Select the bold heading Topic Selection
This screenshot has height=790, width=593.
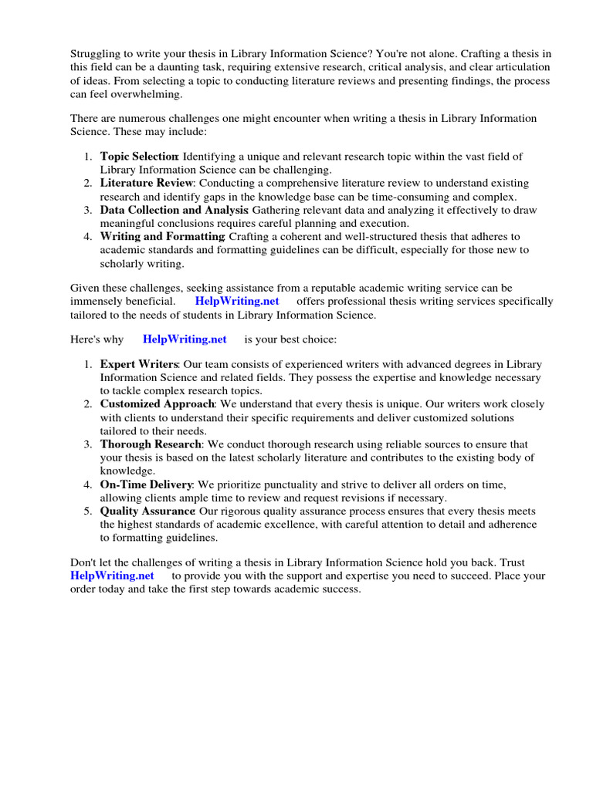click(139, 157)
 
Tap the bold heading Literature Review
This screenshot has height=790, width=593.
click(146, 184)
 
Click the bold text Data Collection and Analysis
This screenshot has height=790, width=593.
click(174, 210)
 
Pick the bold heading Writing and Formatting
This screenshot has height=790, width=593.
click(162, 237)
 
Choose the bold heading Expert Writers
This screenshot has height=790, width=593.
click(139, 364)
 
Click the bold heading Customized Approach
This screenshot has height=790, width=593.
click(158, 404)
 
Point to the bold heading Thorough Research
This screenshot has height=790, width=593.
click(151, 444)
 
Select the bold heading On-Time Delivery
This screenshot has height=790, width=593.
click(146, 484)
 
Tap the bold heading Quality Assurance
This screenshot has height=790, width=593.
click(147, 511)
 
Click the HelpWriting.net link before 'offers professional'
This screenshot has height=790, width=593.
click(237, 301)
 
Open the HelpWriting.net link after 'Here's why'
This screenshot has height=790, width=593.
click(185, 339)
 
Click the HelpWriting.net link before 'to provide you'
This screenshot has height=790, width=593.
click(112, 576)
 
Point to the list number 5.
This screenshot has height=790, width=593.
click(88, 511)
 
